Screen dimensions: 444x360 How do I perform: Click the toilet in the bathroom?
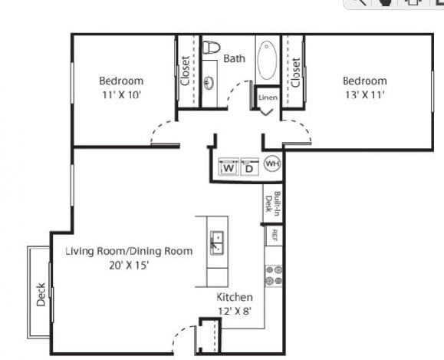click(x=212, y=47)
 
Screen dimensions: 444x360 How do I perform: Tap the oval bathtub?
click(x=267, y=60)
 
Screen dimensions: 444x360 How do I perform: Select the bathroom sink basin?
click(x=209, y=83)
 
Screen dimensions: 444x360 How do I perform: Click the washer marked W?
click(x=229, y=167)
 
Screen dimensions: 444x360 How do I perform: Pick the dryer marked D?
click(x=249, y=167)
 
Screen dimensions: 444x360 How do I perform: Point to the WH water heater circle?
click(x=272, y=163)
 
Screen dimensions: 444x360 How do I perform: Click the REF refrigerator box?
click(x=274, y=236)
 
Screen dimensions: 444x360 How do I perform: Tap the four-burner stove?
click(x=274, y=275)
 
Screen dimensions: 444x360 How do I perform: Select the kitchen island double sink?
click(x=217, y=243)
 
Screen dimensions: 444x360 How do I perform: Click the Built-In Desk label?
click(x=272, y=203)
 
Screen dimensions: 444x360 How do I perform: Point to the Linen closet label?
click(x=268, y=97)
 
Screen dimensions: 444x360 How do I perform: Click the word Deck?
click(x=41, y=295)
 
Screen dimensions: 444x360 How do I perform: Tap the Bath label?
click(x=234, y=58)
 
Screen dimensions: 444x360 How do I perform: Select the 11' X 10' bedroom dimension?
click(x=121, y=94)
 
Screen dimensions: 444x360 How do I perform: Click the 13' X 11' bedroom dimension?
click(x=365, y=94)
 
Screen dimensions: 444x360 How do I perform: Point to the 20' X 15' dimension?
click(x=129, y=266)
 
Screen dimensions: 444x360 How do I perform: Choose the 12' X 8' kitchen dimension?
click(x=235, y=311)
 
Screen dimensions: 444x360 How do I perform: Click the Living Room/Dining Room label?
click(x=129, y=252)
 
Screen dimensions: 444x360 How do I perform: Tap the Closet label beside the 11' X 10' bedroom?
click(x=185, y=71)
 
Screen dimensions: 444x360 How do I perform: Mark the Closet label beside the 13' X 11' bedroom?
click(x=295, y=73)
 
